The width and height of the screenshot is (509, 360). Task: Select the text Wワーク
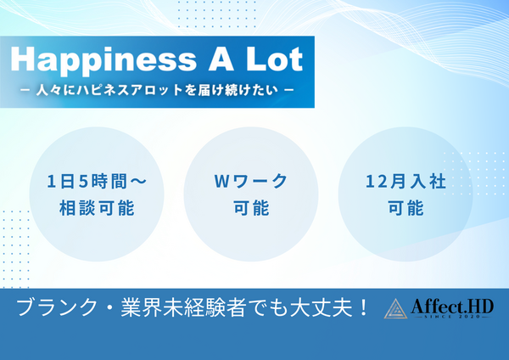coord(249,181)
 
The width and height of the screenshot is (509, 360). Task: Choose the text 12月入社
coord(404,181)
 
